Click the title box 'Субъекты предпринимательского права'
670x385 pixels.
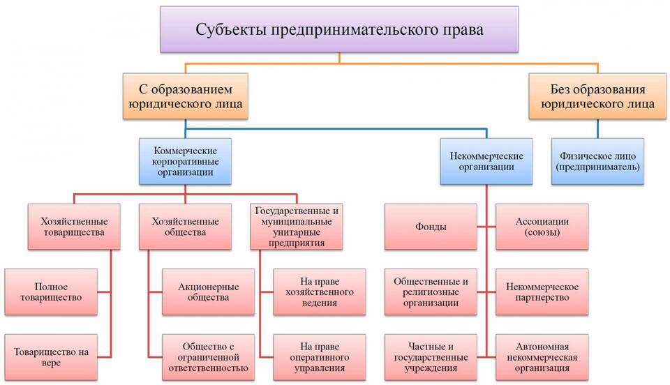(x=339, y=29)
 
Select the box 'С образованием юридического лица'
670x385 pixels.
(x=186, y=96)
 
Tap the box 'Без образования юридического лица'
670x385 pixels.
(x=598, y=96)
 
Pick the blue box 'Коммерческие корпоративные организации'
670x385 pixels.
(x=186, y=161)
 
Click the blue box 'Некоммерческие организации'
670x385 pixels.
(x=486, y=161)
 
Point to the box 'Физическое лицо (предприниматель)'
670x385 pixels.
(x=598, y=161)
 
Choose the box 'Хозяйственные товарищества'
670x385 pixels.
(x=74, y=227)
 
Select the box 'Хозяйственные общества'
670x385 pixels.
(x=186, y=227)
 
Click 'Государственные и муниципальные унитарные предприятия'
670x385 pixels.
(x=297, y=227)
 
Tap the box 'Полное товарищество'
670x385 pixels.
(x=51, y=292)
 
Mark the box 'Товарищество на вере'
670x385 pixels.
(x=51, y=357)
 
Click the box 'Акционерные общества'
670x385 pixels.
(x=209, y=292)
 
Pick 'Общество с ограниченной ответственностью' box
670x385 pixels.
(x=209, y=357)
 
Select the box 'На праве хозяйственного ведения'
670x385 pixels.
(x=320, y=292)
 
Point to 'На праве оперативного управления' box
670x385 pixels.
(x=320, y=357)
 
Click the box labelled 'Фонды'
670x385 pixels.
(x=431, y=227)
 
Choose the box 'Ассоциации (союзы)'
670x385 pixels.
(x=542, y=227)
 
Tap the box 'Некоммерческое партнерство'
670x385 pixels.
(x=542, y=292)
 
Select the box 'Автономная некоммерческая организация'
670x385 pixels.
(x=542, y=357)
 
